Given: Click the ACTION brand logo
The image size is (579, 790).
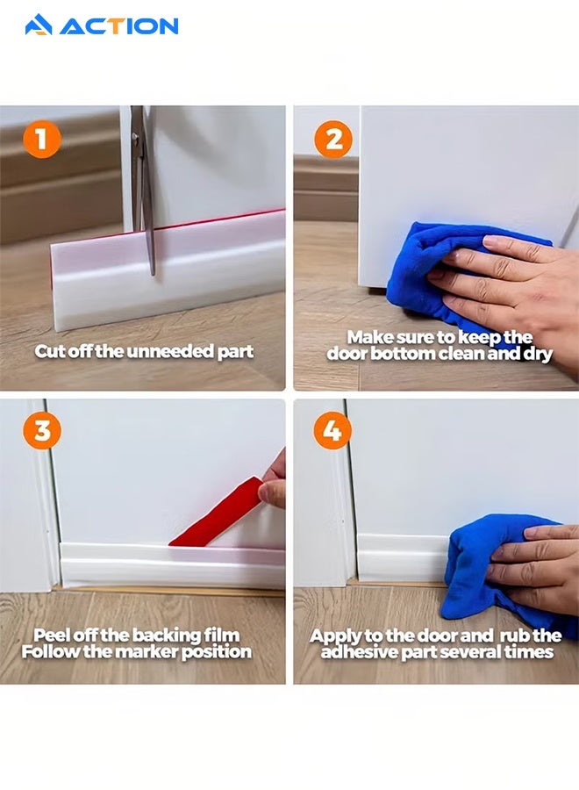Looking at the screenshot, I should click(x=101, y=25).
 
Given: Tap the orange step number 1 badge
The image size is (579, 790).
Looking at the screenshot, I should click(x=42, y=140).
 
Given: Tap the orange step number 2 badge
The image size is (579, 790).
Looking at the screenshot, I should click(x=332, y=139).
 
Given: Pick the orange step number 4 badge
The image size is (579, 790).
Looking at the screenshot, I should click(x=332, y=431).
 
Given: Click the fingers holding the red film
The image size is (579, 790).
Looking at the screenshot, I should click(x=275, y=481).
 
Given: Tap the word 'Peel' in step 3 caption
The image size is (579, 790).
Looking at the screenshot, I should click(x=52, y=635).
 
